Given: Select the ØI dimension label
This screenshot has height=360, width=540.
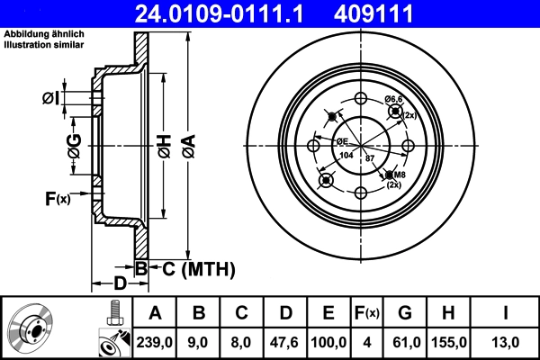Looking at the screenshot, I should point(51,97).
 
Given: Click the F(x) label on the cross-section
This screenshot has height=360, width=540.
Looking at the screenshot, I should point(57,198).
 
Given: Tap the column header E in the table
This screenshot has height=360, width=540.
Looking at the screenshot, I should point(328,313).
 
